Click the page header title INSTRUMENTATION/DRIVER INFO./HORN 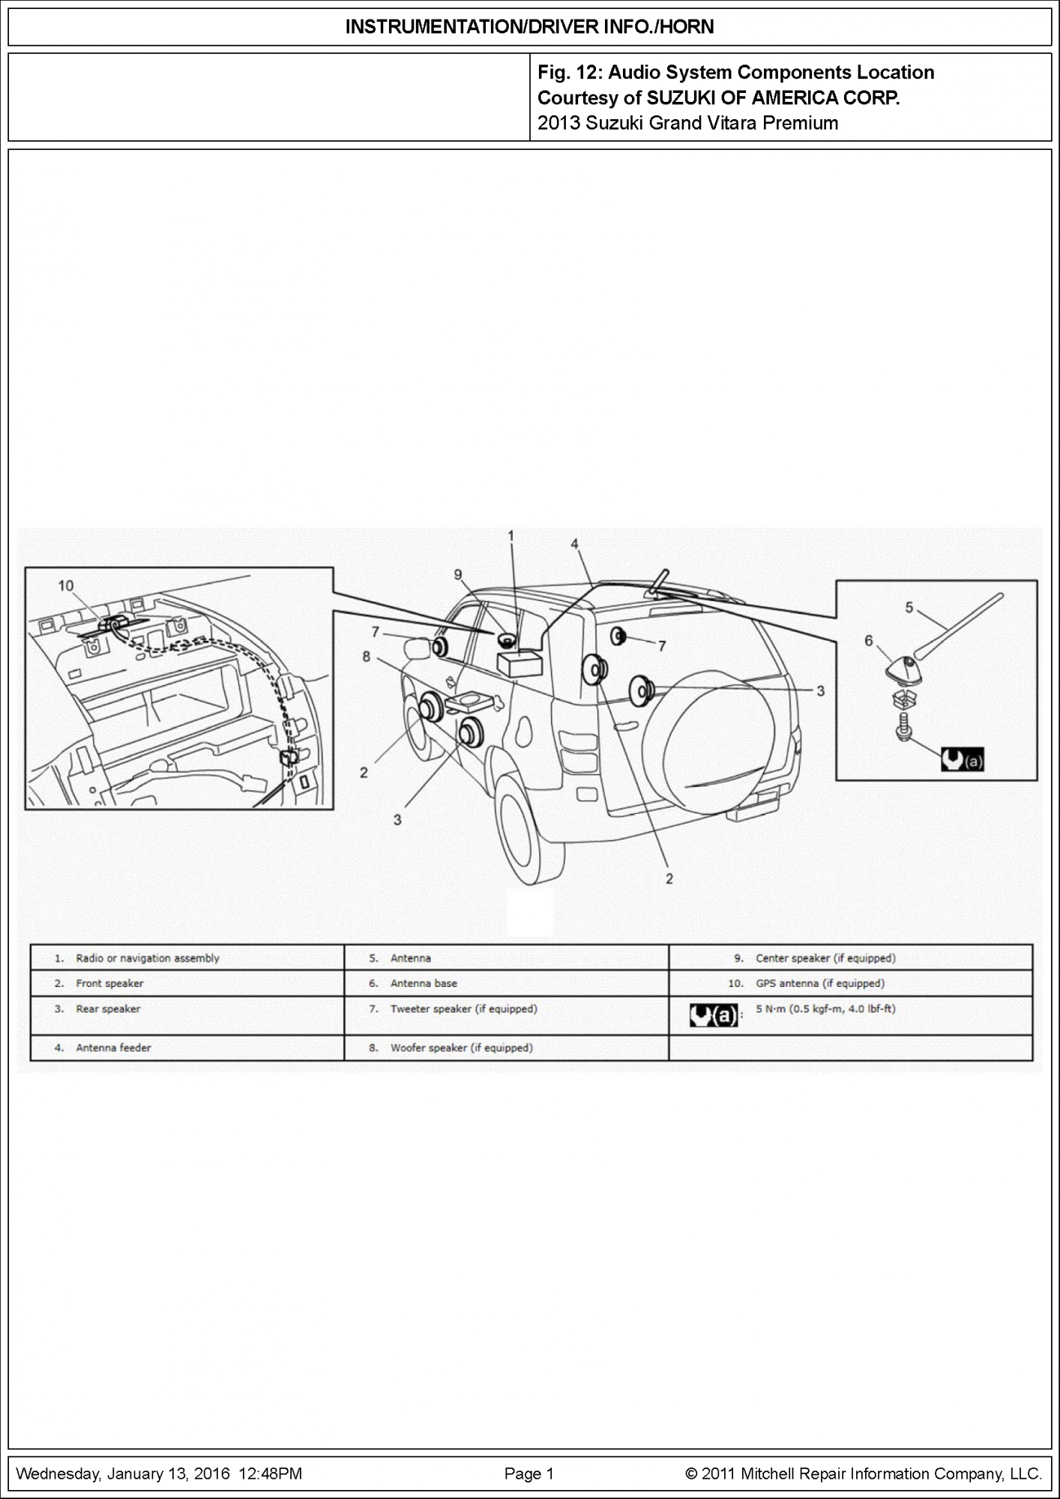[529, 28]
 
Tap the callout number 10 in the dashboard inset [66, 585]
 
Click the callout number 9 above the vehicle [458, 575]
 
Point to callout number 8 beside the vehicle [367, 657]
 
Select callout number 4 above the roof [574, 544]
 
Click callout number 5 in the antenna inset [909, 607]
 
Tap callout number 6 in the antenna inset [869, 641]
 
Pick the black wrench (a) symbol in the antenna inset [962, 761]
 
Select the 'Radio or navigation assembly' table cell [148, 958]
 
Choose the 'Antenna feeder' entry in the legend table [113, 1048]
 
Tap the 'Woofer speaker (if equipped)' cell [461, 1048]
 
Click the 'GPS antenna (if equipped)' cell [820, 983]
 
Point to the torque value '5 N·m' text [825, 1009]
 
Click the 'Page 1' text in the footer [529, 1474]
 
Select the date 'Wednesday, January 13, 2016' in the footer [123, 1474]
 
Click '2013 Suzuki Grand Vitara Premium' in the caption [687, 123]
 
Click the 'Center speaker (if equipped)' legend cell [825, 958]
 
